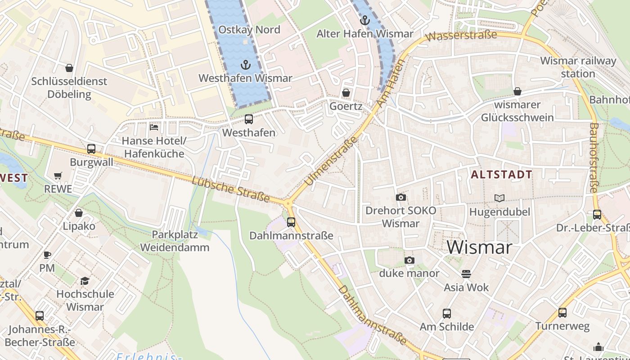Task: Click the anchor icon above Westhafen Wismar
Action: (x=245, y=64)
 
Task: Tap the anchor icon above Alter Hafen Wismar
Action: (x=365, y=20)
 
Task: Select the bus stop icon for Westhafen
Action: (x=248, y=119)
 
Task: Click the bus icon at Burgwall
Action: (x=91, y=149)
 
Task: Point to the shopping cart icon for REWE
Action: (x=58, y=175)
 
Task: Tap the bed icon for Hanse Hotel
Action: (x=154, y=127)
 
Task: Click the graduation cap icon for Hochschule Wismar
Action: (x=85, y=281)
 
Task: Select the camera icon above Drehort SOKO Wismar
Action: (x=400, y=197)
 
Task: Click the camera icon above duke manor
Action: (x=409, y=260)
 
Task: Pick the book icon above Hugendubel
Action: (x=499, y=198)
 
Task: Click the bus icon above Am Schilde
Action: (x=447, y=313)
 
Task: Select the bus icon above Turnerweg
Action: (x=562, y=312)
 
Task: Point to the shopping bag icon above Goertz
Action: (x=346, y=93)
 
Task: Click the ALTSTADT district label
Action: (x=501, y=175)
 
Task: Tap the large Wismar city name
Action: (x=480, y=247)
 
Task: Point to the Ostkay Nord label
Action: (x=249, y=30)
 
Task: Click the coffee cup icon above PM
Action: (x=47, y=255)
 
